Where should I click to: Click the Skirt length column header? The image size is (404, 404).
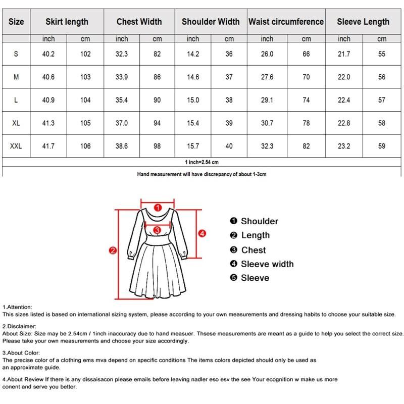click(67, 22)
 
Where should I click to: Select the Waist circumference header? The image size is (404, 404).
click(285, 22)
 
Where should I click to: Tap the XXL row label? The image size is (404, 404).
click(16, 146)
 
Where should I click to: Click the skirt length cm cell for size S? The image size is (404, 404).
click(85, 54)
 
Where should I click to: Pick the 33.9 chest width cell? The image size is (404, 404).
click(122, 77)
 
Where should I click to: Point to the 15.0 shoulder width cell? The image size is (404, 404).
click(193, 100)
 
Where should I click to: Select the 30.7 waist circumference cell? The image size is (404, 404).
click(267, 123)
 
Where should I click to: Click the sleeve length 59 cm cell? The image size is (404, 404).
click(382, 146)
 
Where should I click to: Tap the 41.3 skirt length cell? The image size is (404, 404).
click(48, 123)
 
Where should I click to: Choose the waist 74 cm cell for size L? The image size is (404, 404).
click(306, 100)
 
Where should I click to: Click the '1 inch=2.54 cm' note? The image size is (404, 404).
click(201, 162)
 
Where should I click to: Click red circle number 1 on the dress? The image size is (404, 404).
click(157, 207)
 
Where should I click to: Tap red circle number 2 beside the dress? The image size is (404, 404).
click(113, 250)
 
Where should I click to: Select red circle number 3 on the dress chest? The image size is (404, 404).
click(157, 230)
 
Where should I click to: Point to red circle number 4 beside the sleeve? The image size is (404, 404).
click(201, 233)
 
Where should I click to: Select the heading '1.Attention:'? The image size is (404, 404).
click(18, 307)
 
